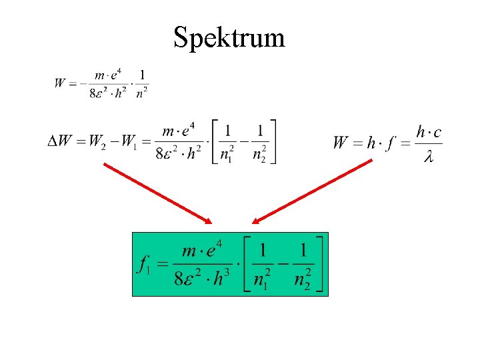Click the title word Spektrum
(229, 37)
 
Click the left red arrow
(157, 193)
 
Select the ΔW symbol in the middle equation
(59, 141)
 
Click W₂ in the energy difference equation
(95, 142)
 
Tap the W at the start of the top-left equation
(60, 83)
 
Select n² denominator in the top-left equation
(142, 93)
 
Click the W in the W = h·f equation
(341, 142)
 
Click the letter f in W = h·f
(389, 142)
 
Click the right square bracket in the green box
(322, 264)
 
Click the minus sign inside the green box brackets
(284, 265)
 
